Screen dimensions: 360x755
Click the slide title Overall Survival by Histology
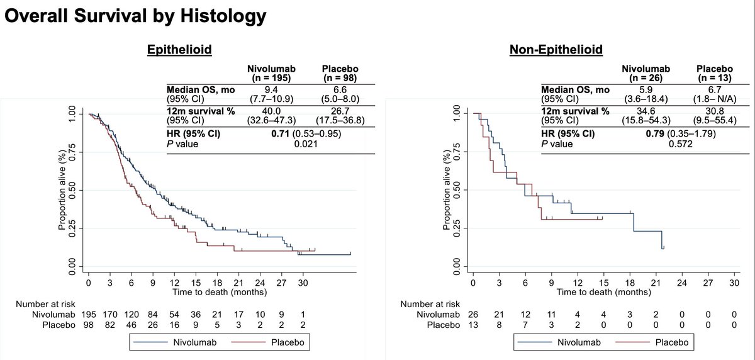[x=134, y=16]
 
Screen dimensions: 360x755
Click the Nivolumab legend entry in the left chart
[x=180, y=344]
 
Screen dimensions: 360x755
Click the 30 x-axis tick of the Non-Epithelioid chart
[x=732, y=283]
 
